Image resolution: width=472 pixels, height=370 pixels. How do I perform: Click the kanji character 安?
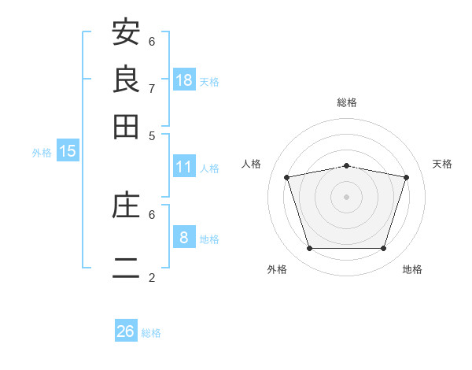tap(126, 31)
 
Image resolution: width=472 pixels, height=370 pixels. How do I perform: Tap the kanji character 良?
tap(126, 79)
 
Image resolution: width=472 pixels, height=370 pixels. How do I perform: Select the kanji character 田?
tap(126, 127)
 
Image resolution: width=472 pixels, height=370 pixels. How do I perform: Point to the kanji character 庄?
tap(126, 204)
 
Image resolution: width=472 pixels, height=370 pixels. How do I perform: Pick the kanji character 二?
tap(126, 268)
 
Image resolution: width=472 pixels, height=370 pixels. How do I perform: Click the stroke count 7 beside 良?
tap(152, 89)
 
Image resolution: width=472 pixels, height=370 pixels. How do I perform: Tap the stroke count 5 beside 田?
tap(152, 136)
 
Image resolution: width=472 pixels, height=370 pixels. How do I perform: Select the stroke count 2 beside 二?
tap(152, 277)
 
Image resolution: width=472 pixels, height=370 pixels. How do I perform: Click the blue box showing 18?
tap(184, 80)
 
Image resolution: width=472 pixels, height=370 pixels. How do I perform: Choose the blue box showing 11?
tap(184, 166)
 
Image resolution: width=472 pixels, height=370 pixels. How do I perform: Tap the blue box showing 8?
tap(184, 236)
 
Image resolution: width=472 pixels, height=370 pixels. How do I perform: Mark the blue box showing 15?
tap(68, 150)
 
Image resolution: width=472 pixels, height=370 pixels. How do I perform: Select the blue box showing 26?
tap(126, 330)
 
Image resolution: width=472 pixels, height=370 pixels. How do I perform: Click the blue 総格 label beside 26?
tap(151, 333)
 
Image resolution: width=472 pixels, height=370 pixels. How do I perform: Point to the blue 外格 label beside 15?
tap(42, 153)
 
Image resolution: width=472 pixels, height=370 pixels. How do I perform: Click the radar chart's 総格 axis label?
tap(347, 102)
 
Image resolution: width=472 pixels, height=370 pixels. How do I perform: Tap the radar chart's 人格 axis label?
tap(251, 164)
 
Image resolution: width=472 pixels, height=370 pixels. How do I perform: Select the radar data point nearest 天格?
tap(407, 177)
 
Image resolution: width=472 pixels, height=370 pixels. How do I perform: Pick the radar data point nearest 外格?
tap(310, 248)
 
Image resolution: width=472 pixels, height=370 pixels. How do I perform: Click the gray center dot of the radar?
tap(346, 197)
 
